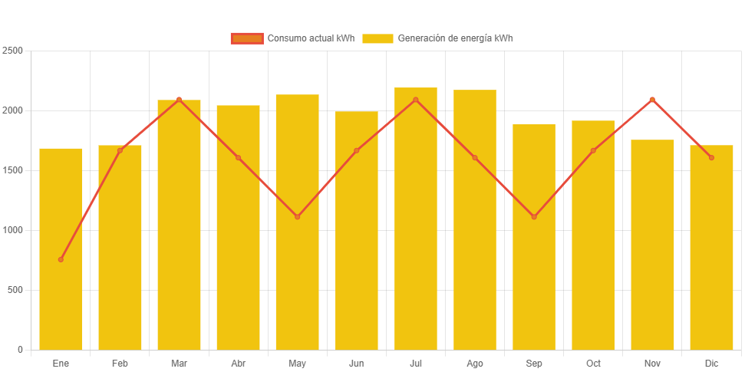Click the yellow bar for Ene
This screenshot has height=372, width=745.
[x=61, y=249]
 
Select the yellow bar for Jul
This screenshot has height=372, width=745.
[x=416, y=219]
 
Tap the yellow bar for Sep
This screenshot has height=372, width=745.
[x=534, y=237]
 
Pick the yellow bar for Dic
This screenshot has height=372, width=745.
[x=711, y=247]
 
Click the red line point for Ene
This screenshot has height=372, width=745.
[x=61, y=259]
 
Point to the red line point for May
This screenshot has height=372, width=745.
[x=298, y=216]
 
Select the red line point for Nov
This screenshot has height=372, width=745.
[x=652, y=100]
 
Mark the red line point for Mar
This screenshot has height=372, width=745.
[x=179, y=100]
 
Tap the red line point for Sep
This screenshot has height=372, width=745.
[x=534, y=216]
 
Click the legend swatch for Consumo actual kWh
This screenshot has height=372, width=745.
[x=246, y=38]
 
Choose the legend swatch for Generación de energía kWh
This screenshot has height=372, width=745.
[x=377, y=38]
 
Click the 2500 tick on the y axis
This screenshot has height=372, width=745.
[x=14, y=51]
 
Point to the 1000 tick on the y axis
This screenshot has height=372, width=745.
[x=14, y=230]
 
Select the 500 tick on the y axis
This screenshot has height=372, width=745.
[x=15, y=290]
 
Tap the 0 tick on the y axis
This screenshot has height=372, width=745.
[x=20, y=350]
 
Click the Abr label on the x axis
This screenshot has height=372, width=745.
[x=238, y=363]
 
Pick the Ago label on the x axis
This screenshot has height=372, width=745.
[x=475, y=363]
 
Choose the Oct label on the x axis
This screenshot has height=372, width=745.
[x=593, y=363]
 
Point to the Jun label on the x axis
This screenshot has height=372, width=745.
[x=357, y=363]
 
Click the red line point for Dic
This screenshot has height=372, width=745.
[x=711, y=157]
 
